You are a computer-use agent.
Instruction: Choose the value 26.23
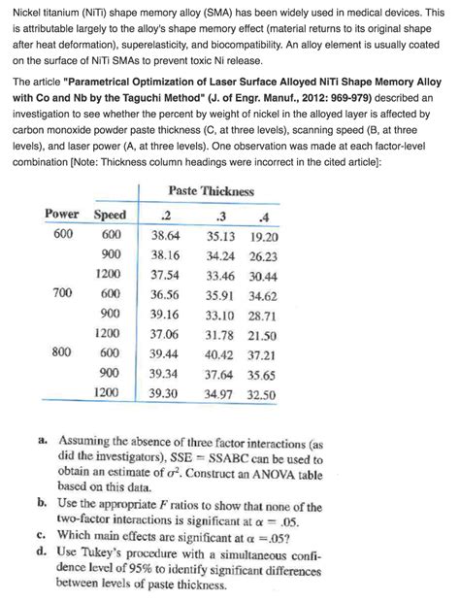262,255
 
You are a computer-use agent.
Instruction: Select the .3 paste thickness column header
223,215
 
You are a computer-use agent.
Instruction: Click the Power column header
62,214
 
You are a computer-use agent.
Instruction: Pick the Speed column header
110,214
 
